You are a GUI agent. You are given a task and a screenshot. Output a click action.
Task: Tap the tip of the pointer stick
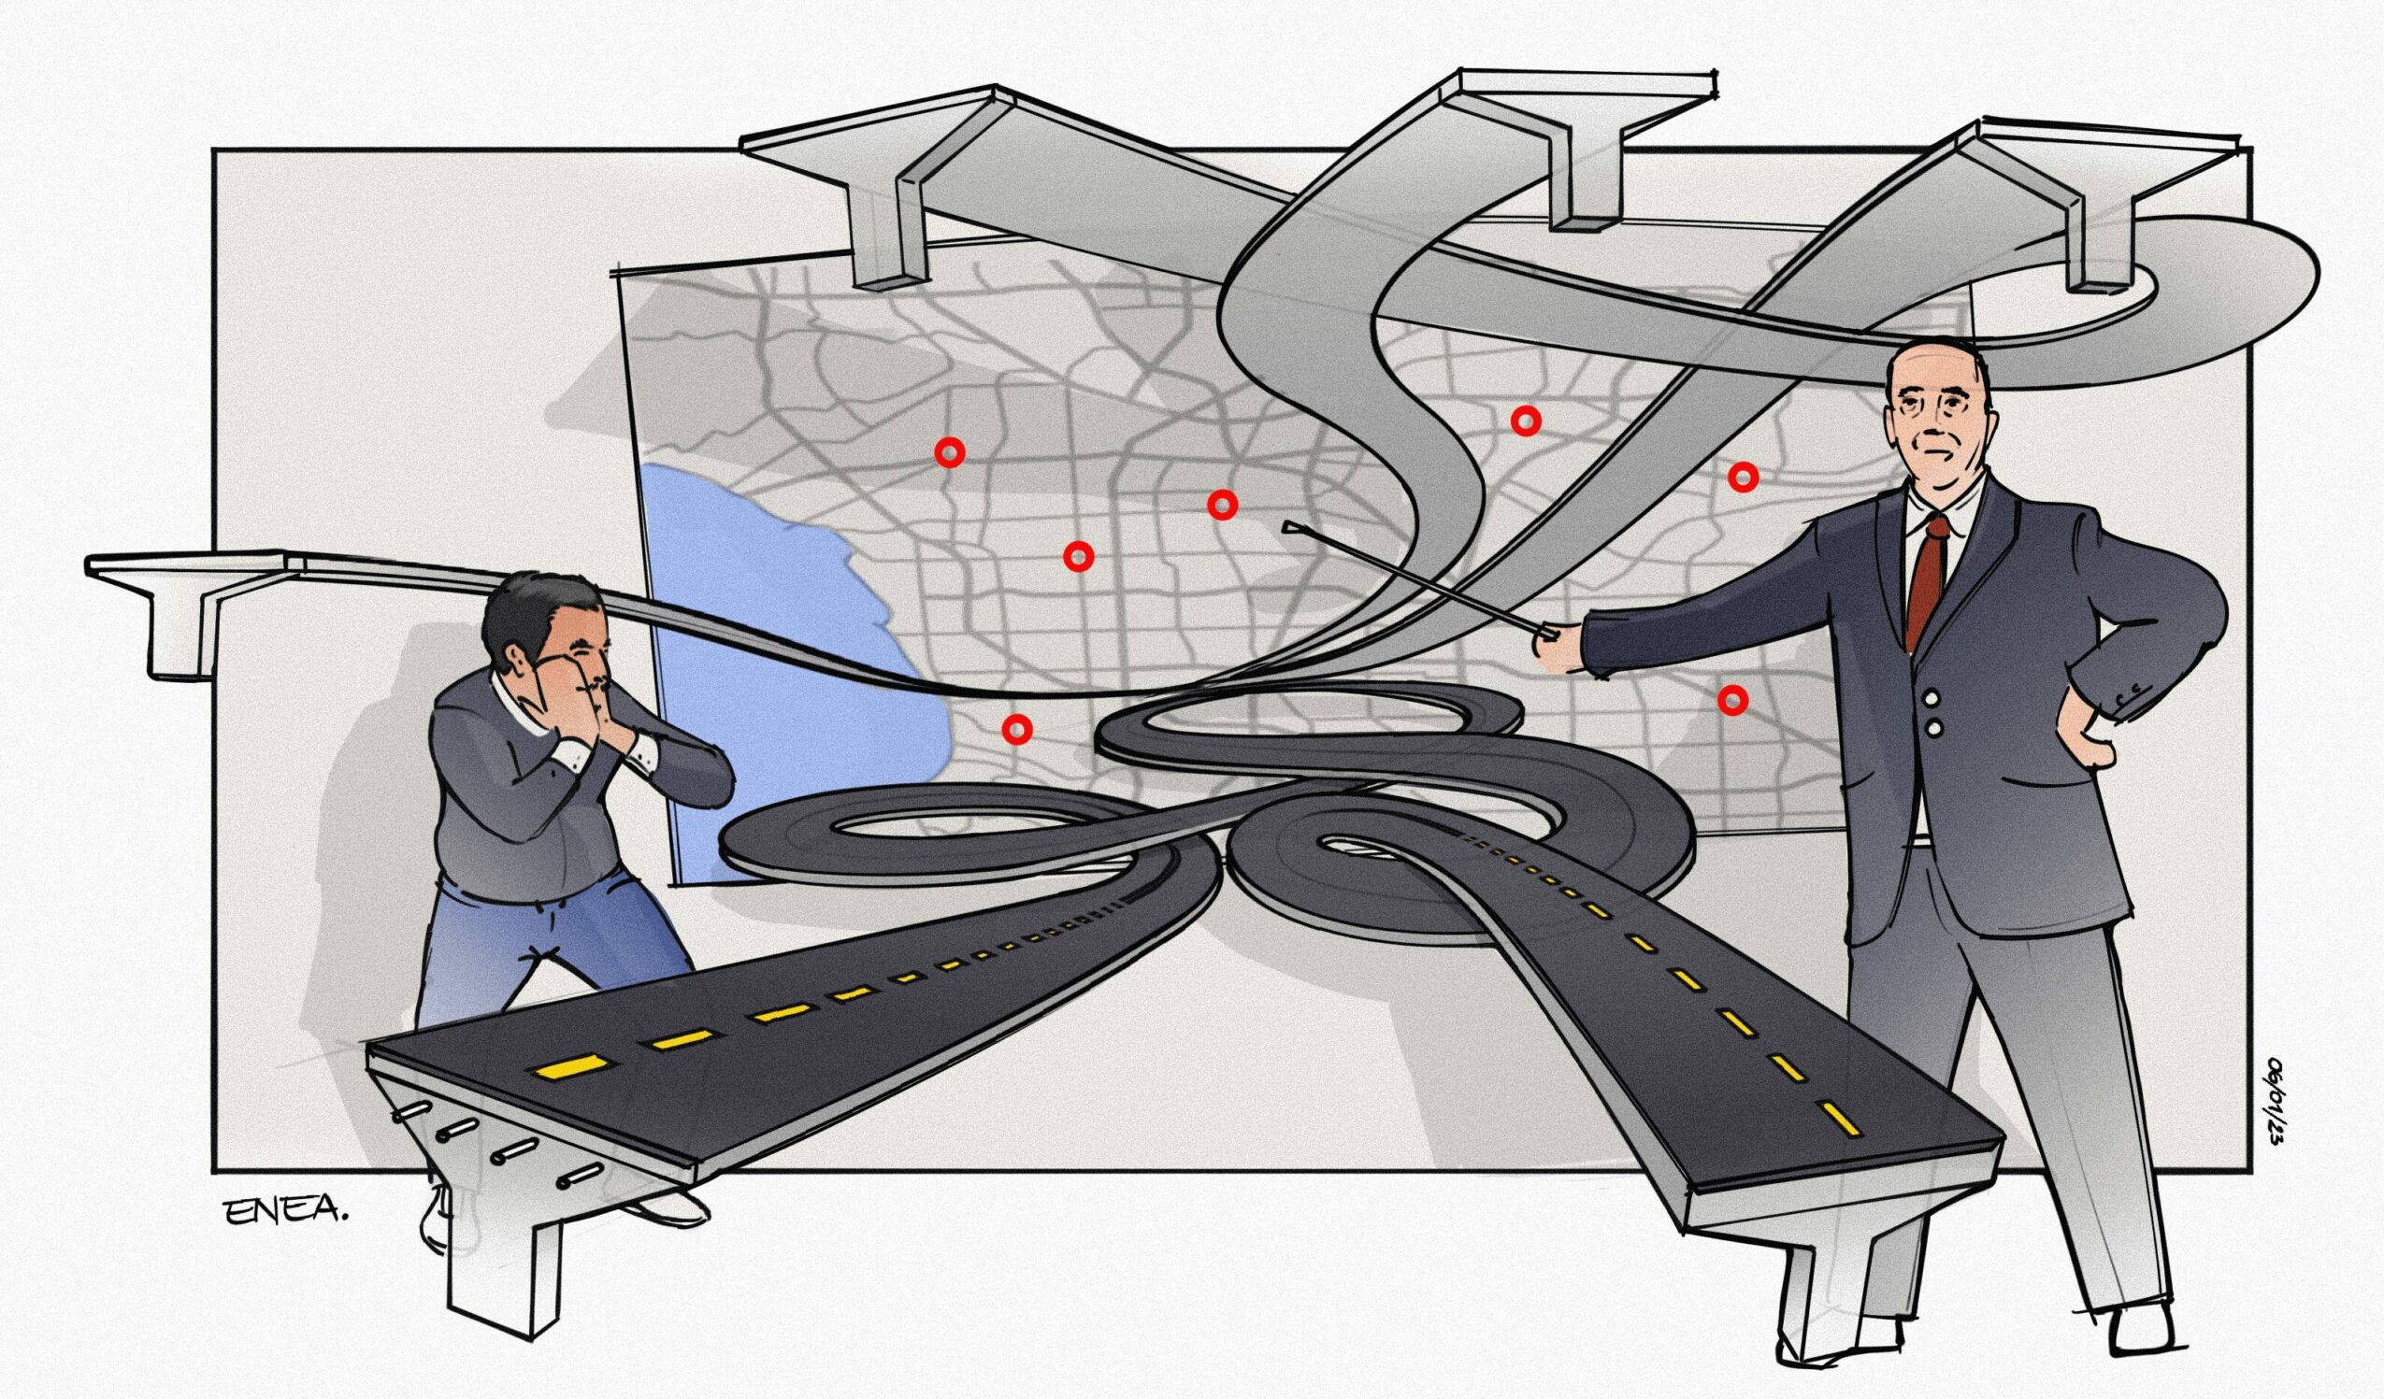pyautogui.click(x=1286, y=523)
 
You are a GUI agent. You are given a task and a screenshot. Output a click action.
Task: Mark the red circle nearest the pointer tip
pyautogui.click(x=1222, y=505)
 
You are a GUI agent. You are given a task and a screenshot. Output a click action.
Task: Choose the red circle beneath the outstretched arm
pyautogui.click(x=1732, y=699)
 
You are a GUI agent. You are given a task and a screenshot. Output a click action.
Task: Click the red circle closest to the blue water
pyautogui.click(x=1016, y=727)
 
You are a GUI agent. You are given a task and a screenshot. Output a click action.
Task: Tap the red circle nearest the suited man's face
pyautogui.click(x=1743, y=478)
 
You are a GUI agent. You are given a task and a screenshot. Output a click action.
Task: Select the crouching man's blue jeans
pyautogui.click(x=549, y=955)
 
